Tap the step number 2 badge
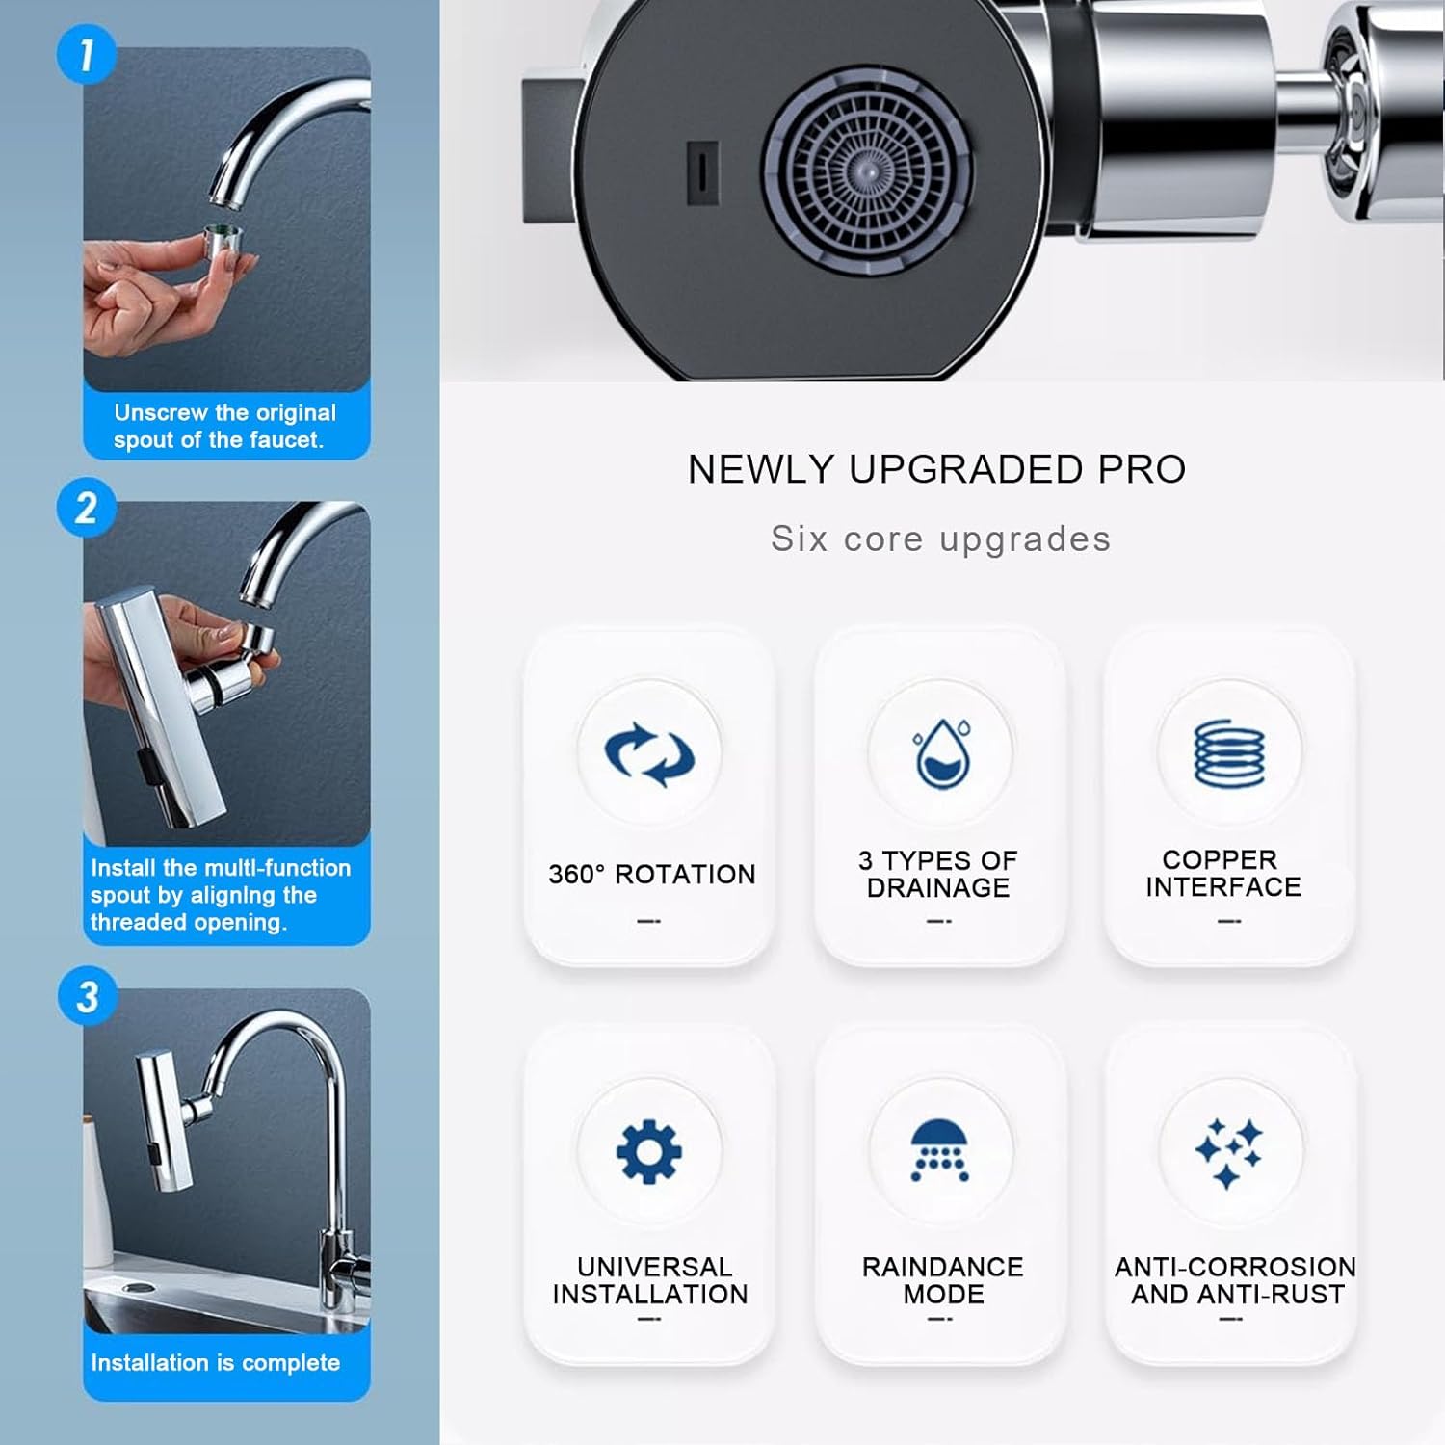coord(86,508)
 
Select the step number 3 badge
coord(87,997)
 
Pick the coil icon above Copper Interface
coord(1229,753)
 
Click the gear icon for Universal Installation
coord(649,1152)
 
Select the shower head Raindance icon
coord(940,1150)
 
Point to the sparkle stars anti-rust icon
coord(1229,1152)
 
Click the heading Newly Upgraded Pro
coord(936,469)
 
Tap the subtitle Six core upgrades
coord(940,539)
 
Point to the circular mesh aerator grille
coord(866,171)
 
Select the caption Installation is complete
coord(215,1362)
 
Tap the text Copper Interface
coord(1222,873)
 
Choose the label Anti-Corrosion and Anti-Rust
coord(1235,1280)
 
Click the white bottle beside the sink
coord(97,1195)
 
